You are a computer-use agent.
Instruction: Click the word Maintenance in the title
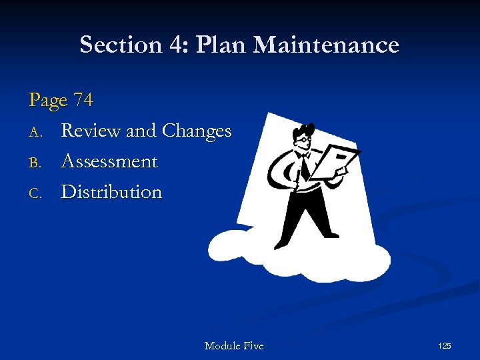[x=326, y=45]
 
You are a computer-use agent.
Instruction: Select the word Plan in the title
[x=217, y=45]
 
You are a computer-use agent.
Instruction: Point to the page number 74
[x=83, y=100]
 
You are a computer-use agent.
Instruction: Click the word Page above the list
[x=48, y=101]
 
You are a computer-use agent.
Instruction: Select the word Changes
[x=196, y=131]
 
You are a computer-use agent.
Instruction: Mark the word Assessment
[x=109, y=161]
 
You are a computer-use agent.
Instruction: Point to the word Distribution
[x=111, y=192]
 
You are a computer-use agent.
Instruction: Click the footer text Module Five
[x=233, y=345]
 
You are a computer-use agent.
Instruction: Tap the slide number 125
[x=444, y=345]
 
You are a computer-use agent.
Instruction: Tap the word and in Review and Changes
[x=141, y=131]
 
